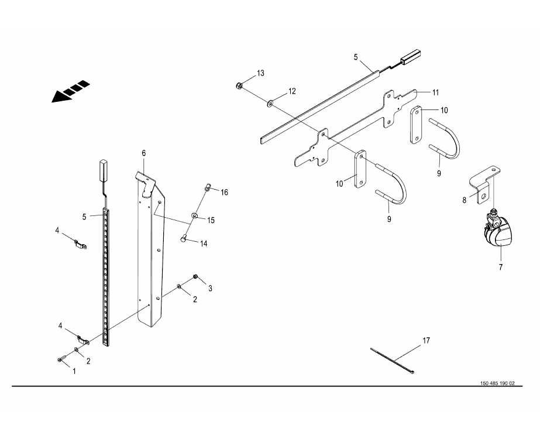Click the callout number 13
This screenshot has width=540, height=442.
click(260, 73)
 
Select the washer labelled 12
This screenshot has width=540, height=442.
click(271, 104)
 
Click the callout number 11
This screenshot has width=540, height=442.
click(435, 92)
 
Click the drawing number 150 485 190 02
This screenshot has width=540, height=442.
click(497, 383)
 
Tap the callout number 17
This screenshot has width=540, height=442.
click(426, 340)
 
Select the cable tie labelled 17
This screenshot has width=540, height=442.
click(392, 361)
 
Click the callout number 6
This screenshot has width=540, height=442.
click(143, 153)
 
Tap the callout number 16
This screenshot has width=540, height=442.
click(225, 192)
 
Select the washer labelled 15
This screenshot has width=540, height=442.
click(194, 217)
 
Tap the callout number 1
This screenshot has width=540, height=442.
click(74, 371)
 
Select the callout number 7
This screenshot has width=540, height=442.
click(500, 268)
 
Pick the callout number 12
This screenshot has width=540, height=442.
click(291, 91)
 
